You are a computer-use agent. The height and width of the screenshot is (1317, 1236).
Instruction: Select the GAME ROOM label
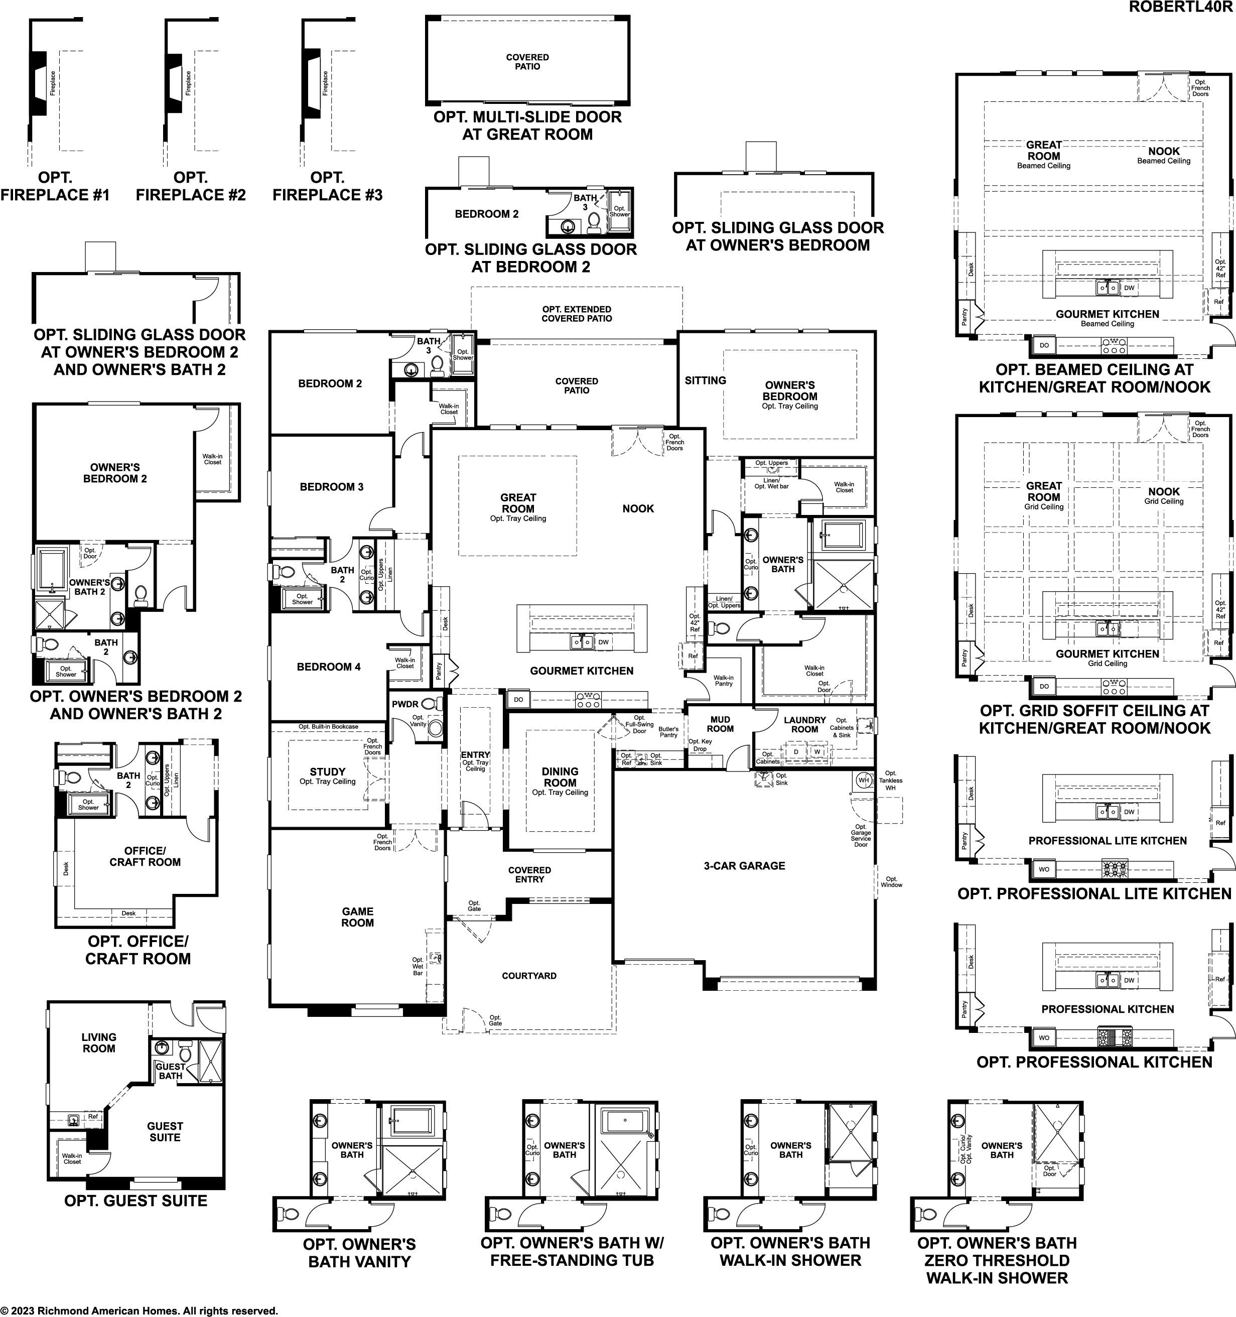358,917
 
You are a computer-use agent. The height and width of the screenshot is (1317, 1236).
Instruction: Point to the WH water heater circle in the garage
864,780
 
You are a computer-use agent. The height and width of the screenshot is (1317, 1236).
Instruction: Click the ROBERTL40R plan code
1182,8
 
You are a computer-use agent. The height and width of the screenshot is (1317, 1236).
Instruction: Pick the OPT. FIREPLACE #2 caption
191,186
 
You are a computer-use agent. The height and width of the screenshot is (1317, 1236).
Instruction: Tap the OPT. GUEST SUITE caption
136,1201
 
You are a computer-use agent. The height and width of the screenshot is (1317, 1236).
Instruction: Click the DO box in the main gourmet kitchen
518,700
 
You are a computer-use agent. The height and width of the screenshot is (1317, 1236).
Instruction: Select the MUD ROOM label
720,724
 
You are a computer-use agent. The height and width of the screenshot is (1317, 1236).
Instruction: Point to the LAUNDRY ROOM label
805,725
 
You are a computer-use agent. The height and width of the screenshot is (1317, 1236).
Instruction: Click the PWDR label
405,704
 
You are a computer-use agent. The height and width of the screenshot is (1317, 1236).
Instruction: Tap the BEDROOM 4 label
329,667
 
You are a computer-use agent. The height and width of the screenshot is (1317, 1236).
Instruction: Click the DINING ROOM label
561,776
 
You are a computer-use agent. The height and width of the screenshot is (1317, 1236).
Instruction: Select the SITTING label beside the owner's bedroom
706,380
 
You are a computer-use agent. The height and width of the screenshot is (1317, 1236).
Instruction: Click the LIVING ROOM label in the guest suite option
99,1043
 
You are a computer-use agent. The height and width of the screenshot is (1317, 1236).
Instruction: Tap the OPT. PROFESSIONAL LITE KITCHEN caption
1094,894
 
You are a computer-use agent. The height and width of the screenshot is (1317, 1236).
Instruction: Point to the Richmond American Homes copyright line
139,1310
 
